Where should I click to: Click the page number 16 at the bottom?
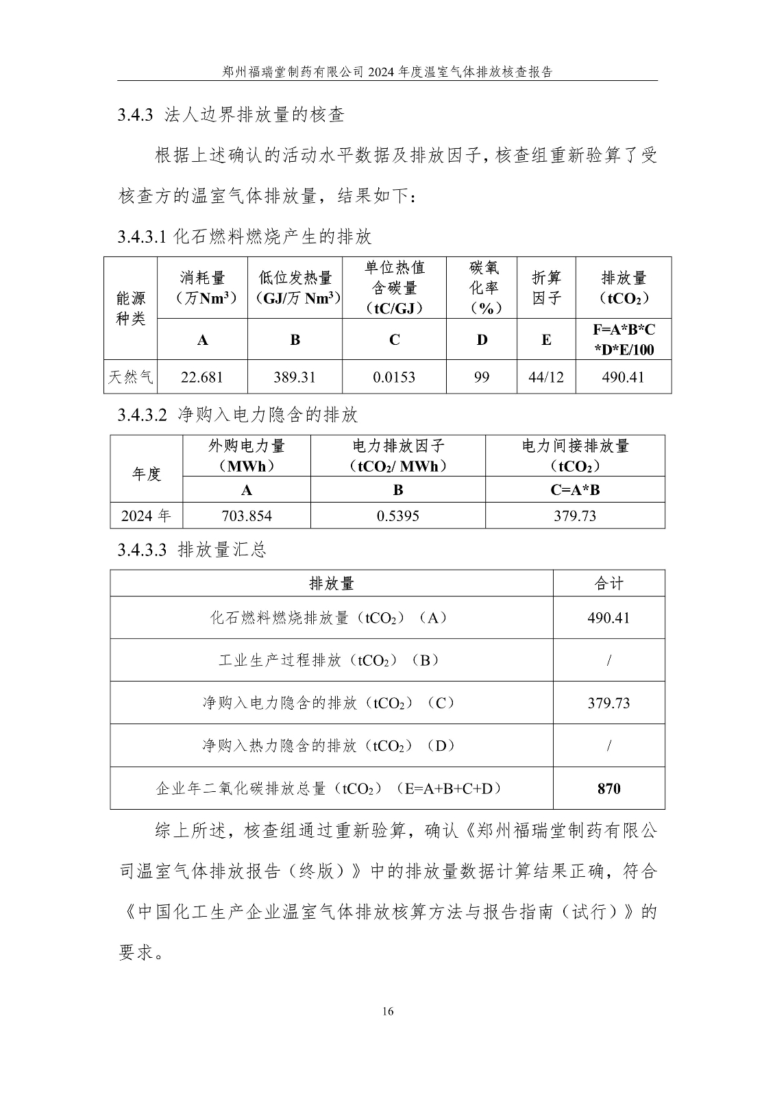(388, 1011)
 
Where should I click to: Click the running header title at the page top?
(388, 71)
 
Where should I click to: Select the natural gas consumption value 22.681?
(201, 377)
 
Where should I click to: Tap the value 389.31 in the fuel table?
(295, 377)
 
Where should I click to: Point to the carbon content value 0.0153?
(394, 377)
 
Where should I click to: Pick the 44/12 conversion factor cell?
(546, 377)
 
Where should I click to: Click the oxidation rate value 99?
(482, 377)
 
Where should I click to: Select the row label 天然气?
(131, 377)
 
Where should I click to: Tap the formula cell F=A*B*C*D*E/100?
(624, 339)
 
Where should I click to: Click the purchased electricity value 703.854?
(247, 516)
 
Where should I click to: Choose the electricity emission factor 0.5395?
(398, 516)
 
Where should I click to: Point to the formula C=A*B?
(575, 490)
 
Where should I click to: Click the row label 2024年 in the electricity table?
(146, 516)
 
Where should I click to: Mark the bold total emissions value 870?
(608, 788)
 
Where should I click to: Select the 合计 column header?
(608, 583)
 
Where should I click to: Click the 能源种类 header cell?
(131, 308)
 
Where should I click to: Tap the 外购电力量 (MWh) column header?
(247, 456)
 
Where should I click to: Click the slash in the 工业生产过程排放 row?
(608, 660)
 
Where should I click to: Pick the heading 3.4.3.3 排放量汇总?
(192, 550)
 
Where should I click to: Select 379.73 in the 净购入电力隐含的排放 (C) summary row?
(608, 703)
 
